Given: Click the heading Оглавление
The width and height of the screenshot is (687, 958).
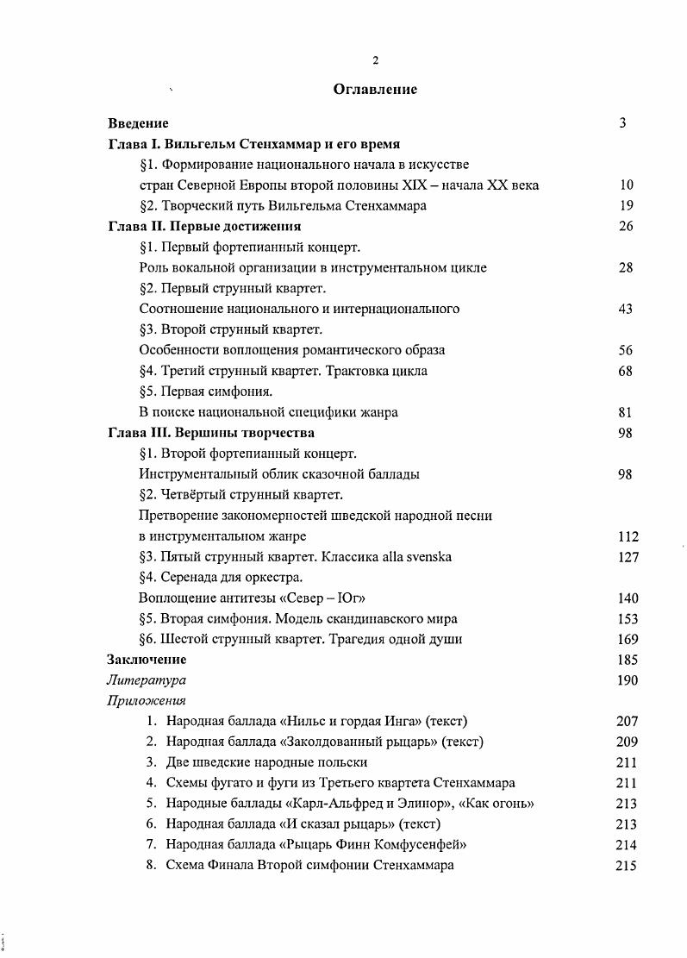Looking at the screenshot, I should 375,89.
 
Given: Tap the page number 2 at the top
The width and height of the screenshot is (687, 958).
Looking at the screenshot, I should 375,60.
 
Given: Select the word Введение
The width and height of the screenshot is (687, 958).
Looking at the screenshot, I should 138,123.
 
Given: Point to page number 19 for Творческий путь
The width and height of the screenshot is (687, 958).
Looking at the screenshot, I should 627,206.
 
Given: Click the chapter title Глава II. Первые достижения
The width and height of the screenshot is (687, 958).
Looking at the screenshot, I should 203,227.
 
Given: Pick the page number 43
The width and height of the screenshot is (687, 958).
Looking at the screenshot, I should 627,310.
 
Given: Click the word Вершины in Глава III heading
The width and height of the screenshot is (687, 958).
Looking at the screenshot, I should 211,433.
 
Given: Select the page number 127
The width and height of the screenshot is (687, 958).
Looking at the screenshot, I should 628,557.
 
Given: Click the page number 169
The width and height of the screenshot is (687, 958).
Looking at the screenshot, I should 628,640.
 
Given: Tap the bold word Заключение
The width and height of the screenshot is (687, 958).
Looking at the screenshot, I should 147,661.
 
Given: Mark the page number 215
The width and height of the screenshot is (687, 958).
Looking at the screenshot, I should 627,866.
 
